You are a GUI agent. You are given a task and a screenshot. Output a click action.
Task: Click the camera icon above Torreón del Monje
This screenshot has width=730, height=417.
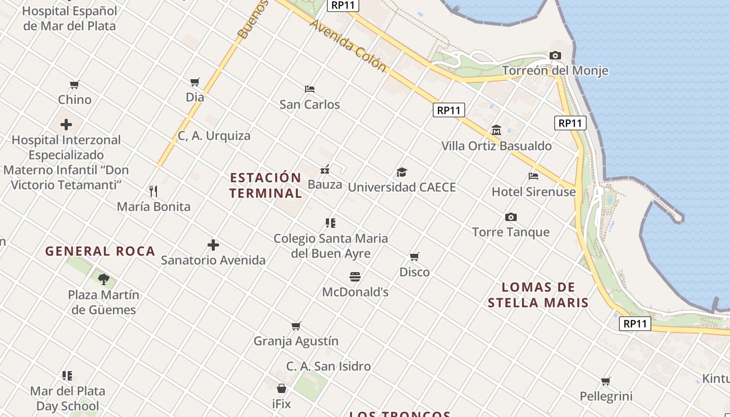point(555,55)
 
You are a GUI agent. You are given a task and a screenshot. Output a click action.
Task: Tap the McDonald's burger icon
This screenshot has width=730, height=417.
point(355,276)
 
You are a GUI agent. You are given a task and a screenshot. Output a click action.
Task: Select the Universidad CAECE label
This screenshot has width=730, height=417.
point(401,187)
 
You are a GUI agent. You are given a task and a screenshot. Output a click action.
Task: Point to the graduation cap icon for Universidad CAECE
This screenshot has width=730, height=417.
point(401,172)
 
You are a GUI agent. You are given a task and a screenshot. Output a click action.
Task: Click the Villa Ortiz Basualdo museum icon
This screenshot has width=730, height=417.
point(496,130)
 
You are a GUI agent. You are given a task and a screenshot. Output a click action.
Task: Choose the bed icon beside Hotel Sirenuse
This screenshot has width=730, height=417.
point(533,176)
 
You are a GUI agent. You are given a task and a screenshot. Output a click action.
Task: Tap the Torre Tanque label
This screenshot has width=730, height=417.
point(510,232)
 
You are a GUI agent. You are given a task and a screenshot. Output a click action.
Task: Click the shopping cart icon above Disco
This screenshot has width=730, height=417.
point(414,256)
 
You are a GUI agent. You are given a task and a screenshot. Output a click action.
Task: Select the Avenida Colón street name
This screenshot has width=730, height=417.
point(348,46)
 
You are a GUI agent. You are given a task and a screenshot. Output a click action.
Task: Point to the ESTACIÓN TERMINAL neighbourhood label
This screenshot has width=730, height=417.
point(265,185)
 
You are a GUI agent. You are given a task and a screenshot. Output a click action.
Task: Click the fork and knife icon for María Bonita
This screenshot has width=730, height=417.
point(153,191)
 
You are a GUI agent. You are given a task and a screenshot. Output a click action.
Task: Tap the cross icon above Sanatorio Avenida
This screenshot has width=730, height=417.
point(213,244)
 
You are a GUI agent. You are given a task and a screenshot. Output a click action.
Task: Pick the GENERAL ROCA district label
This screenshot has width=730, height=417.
point(100,251)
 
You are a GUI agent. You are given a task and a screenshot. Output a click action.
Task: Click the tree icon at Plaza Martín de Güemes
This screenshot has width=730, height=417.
point(104,279)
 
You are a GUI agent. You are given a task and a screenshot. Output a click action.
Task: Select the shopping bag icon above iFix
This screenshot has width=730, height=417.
point(281,388)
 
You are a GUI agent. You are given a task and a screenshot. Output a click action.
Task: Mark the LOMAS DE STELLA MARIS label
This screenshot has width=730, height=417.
point(538,295)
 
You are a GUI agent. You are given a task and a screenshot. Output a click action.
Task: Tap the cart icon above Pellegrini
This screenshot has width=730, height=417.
point(605,381)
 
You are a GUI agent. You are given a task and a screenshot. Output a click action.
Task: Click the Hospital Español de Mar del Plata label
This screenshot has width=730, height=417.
point(69,18)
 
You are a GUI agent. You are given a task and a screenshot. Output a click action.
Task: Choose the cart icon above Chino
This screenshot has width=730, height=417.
point(75,84)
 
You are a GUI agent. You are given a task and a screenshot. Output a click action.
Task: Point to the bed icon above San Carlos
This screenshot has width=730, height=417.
point(309,89)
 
